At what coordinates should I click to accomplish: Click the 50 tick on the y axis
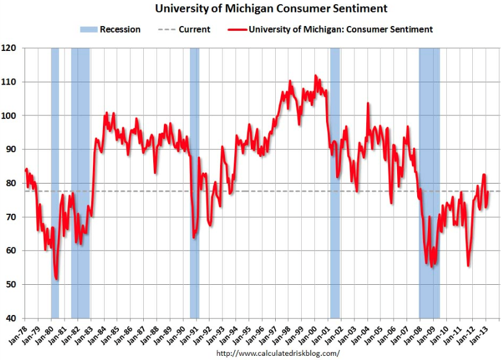[12, 285]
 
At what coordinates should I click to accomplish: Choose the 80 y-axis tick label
[12, 184]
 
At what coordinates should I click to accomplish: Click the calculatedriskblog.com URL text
[278, 353]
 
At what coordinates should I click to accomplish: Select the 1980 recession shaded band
[55, 178]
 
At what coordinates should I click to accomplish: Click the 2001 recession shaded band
[335, 178]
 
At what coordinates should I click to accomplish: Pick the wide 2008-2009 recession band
[430, 178]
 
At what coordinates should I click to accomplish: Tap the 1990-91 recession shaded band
[194, 178]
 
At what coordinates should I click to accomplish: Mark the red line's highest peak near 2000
[315, 75]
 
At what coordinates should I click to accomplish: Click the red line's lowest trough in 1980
[56, 279]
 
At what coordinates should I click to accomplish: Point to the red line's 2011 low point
[468, 265]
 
